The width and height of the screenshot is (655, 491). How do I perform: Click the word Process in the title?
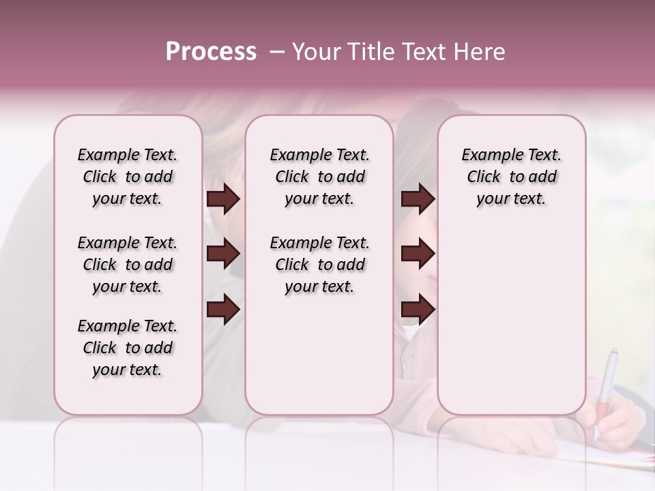pyautogui.click(x=211, y=52)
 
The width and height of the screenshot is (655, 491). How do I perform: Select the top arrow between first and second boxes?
pyautogui.click(x=223, y=199)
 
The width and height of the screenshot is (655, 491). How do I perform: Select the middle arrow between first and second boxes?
pyautogui.click(x=223, y=254)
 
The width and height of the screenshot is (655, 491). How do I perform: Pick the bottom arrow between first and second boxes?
pyautogui.click(x=223, y=310)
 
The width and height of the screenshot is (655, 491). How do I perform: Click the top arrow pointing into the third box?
pyautogui.click(x=418, y=199)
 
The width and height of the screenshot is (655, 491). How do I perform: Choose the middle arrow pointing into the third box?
pyautogui.click(x=418, y=254)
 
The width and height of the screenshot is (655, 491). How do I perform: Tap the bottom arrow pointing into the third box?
pyautogui.click(x=418, y=310)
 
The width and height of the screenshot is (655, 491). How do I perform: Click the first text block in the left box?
pyautogui.click(x=128, y=177)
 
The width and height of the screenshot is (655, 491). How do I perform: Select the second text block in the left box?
pyautogui.click(x=128, y=265)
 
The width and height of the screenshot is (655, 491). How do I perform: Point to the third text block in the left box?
pyautogui.click(x=128, y=348)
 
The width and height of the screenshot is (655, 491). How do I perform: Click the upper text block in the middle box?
pyautogui.click(x=319, y=177)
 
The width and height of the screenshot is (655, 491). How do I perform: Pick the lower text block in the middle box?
pyautogui.click(x=319, y=265)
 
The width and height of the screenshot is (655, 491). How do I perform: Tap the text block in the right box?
pyautogui.click(x=511, y=177)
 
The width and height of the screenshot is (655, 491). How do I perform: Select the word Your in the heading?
pyautogui.click(x=315, y=52)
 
